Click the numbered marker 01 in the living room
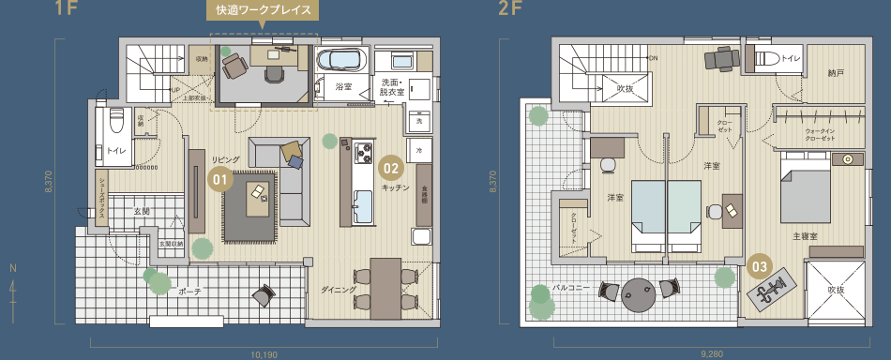pyautogui.click(x=219, y=177)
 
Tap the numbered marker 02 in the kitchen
pyautogui.click(x=391, y=170)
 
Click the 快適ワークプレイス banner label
pyautogui.click(x=263, y=11)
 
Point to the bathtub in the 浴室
pyautogui.click(x=340, y=62)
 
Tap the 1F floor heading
pyautogui.click(x=67, y=10)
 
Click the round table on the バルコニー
pyautogui.click(x=641, y=292)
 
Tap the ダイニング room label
pyautogui.click(x=337, y=291)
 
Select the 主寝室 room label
pyautogui.click(x=806, y=236)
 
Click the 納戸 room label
pyautogui.click(x=837, y=71)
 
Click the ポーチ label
pyautogui.click(x=189, y=292)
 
